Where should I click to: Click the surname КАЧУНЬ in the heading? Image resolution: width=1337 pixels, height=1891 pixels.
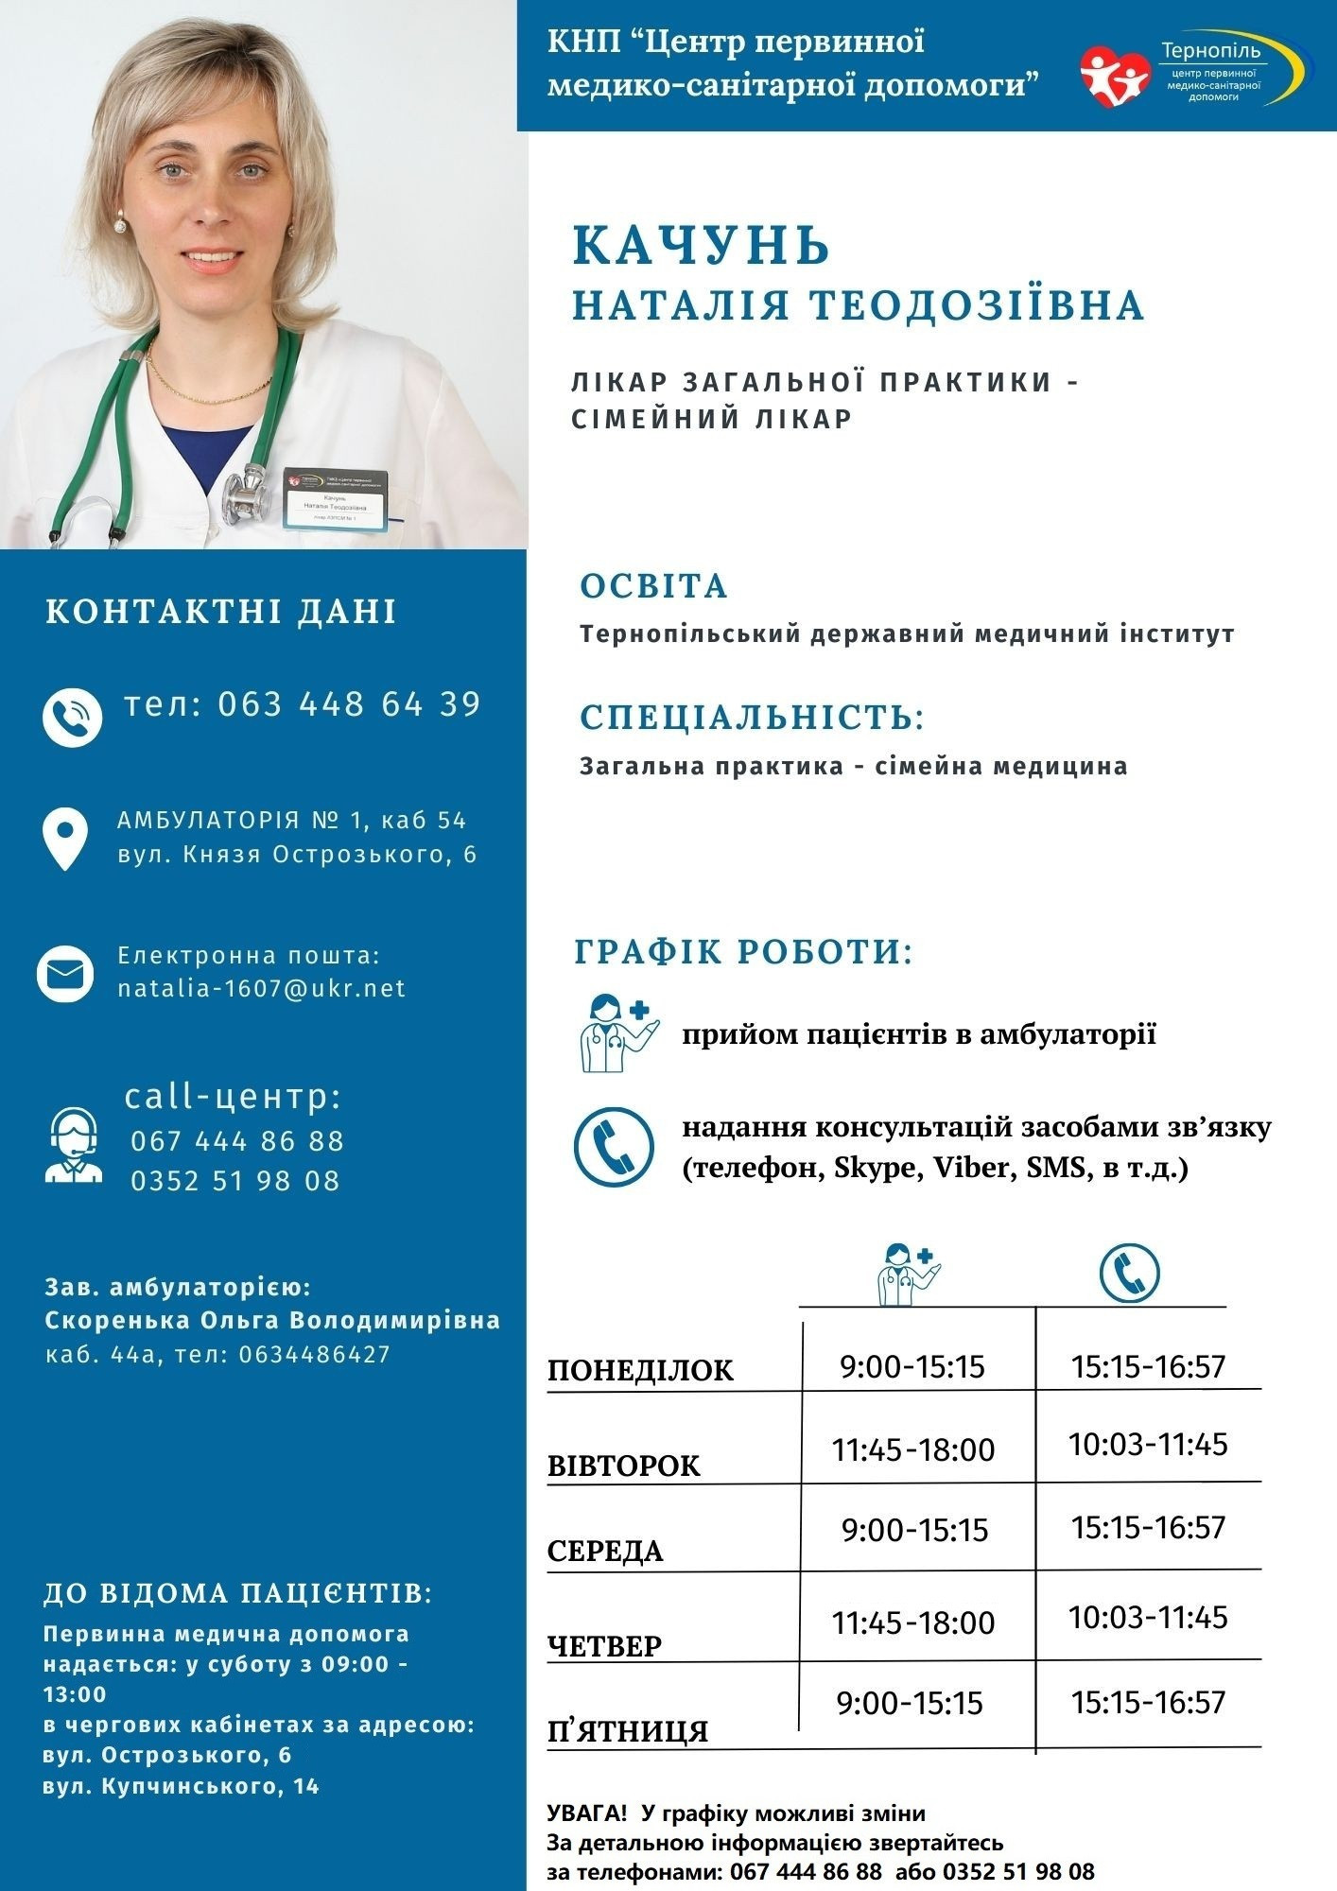click(x=701, y=246)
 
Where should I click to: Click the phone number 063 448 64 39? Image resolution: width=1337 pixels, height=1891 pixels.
click(x=350, y=704)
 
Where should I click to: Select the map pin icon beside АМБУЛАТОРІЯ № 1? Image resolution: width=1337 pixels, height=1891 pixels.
click(x=65, y=838)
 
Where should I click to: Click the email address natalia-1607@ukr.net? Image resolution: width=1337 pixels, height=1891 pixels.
click(x=262, y=988)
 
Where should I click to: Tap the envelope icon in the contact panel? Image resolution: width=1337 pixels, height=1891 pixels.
click(x=65, y=973)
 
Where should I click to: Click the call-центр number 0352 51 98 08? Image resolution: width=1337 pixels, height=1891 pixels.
click(x=236, y=1181)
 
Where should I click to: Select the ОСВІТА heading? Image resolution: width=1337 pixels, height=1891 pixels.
click(x=653, y=586)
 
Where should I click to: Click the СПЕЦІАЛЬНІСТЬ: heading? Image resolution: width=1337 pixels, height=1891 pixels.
click(x=752, y=717)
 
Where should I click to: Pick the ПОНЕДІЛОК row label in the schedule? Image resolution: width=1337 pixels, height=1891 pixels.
click(x=640, y=1371)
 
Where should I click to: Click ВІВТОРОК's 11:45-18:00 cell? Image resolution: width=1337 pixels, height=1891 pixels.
click(x=913, y=1449)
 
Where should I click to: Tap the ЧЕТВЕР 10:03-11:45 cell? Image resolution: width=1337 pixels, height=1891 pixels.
click(x=1148, y=1617)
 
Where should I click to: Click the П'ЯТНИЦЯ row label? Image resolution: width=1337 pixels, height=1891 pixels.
click(x=628, y=1731)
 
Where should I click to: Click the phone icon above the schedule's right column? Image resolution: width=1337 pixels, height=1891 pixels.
click(x=1129, y=1272)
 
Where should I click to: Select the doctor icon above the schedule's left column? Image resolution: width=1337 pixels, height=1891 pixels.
click(x=909, y=1274)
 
